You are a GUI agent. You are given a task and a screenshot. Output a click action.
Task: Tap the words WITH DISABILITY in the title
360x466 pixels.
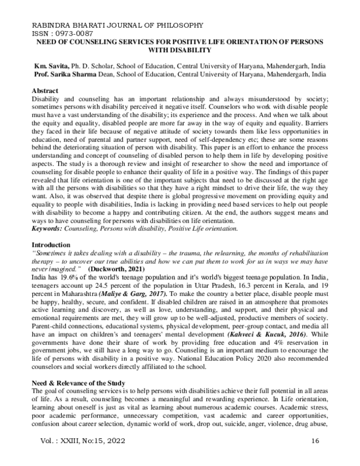180,50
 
